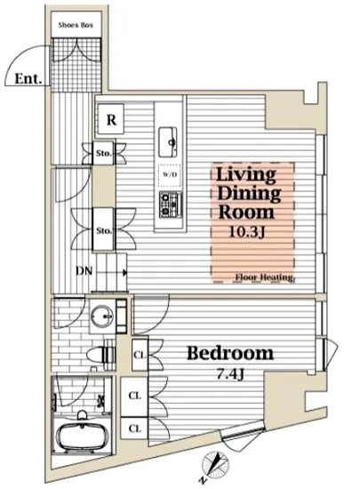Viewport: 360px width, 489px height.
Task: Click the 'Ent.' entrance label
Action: tap(28, 78)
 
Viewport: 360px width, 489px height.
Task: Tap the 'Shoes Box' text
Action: tap(76, 25)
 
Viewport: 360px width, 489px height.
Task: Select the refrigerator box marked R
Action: tap(111, 119)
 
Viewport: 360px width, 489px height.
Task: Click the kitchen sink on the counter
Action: tap(168, 142)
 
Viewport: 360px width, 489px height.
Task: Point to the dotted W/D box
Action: tap(170, 175)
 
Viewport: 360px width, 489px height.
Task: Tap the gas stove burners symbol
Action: tap(170, 204)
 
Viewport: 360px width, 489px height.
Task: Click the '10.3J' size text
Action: tap(247, 232)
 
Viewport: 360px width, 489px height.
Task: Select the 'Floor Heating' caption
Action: tap(264, 277)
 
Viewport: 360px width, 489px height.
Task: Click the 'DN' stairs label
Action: tap(84, 271)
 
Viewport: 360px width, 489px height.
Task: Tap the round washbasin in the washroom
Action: tap(102, 317)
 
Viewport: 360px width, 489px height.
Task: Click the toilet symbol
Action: tap(100, 355)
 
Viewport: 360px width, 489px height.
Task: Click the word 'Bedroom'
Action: tap(230, 353)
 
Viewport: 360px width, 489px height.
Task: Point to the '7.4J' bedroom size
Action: tap(230, 374)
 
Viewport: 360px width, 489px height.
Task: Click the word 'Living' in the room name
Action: tap(246, 174)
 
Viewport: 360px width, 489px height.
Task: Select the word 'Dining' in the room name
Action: tap(249, 193)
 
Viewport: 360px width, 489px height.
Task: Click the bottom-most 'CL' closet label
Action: tap(134, 429)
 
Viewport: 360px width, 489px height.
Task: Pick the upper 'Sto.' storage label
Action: tap(103, 153)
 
